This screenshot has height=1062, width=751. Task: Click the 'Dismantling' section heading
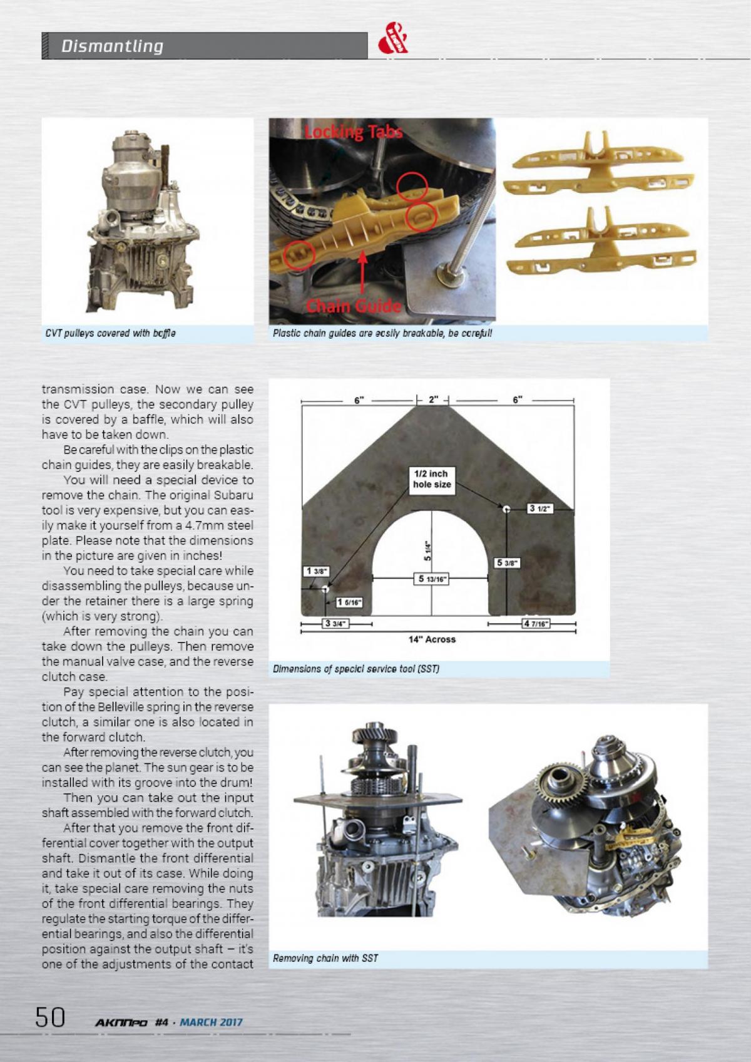click(x=112, y=46)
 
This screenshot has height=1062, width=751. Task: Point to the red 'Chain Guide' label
click(x=353, y=306)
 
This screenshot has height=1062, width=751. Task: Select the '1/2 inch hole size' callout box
click(x=432, y=479)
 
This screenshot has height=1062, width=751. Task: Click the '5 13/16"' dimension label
click(x=431, y=579)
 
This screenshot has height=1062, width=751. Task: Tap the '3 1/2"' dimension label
click(x=539, y=508)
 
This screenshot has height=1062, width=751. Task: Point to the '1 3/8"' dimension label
click(x=314, y=571)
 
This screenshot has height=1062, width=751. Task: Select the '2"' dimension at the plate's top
click(x=433, y=399)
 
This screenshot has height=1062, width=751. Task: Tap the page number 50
click(x=50, y=1016)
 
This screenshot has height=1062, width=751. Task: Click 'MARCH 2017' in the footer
click(x=211, y=1023)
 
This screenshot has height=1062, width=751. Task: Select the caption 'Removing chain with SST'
click(x=325, y=976)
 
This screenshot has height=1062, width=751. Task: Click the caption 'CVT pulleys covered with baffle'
click(x=110, y=333)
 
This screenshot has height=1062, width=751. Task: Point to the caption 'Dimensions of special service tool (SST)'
click(x=356, y=669)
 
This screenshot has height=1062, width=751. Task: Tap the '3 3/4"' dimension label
click(x=336, y=623)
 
